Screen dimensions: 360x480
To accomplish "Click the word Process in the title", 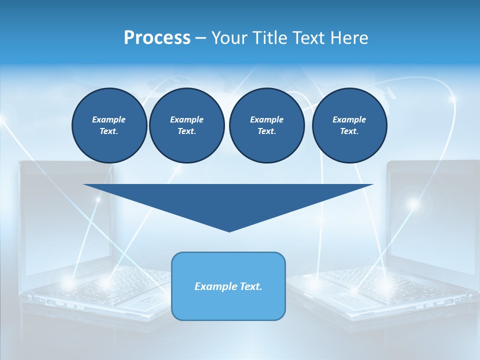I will pos(157,38).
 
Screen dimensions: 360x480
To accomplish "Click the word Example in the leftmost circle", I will pos(109,119).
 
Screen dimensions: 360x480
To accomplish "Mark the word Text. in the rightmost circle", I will pos(349,131).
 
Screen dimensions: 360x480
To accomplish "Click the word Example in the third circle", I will pos(266,119).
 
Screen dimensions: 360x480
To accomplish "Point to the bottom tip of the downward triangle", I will pos(229,230).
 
